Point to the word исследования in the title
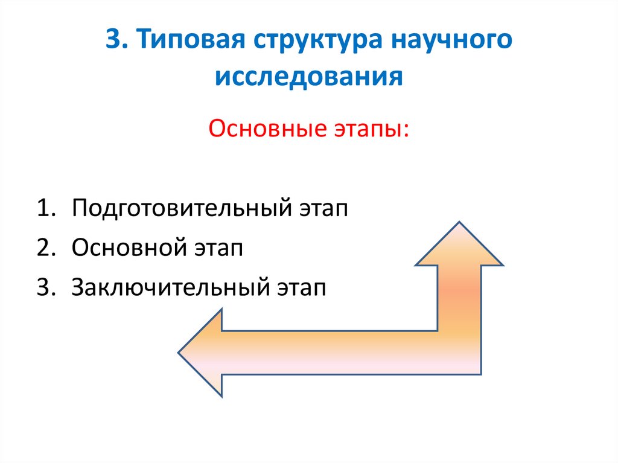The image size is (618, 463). click(x=309, y=77)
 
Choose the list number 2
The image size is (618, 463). click(x=43, y=248)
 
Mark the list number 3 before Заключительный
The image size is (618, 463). click(x=43, y=287)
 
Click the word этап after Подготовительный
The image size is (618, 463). click(x=323, y=209)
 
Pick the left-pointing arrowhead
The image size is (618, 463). click(x=202, y=353)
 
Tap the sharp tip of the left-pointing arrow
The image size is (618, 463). click(x=179, y=353)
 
